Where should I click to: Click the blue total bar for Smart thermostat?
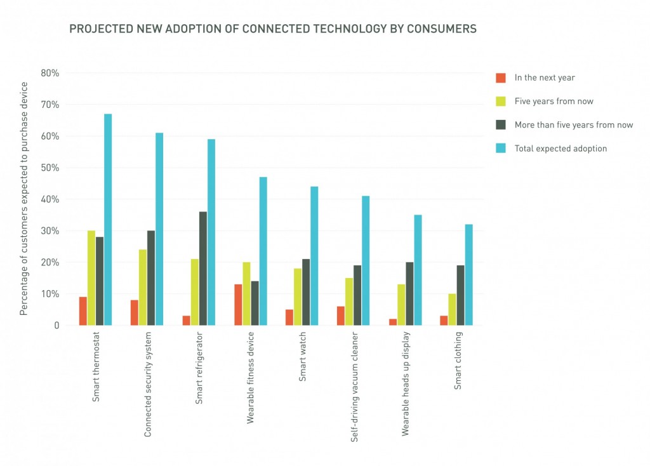point(108,220)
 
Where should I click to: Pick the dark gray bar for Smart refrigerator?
point(202,269)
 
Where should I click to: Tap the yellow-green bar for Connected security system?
point(143,288)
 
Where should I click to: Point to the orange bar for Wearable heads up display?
point(392,323)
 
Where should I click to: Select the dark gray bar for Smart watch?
point(306,292)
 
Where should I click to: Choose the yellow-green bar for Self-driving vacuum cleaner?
point(349,302)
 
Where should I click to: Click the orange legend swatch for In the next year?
point(501,78)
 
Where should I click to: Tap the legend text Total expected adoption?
point(560,149)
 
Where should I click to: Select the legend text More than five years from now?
point(574,125)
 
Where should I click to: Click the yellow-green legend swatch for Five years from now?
point(501,102)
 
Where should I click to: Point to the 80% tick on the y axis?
point(50,73)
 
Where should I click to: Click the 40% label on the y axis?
point(50,199)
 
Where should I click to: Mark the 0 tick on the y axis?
point(56,326)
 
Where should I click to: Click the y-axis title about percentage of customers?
point(24,199)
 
